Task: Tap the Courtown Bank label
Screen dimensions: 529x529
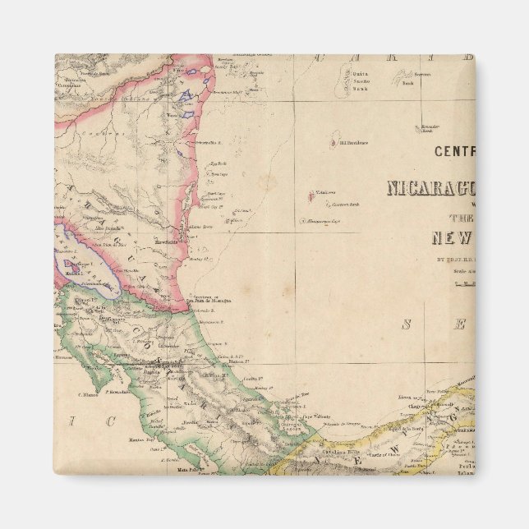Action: click(x=344, y=205)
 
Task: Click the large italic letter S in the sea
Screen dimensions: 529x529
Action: click(x=406, y=324)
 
